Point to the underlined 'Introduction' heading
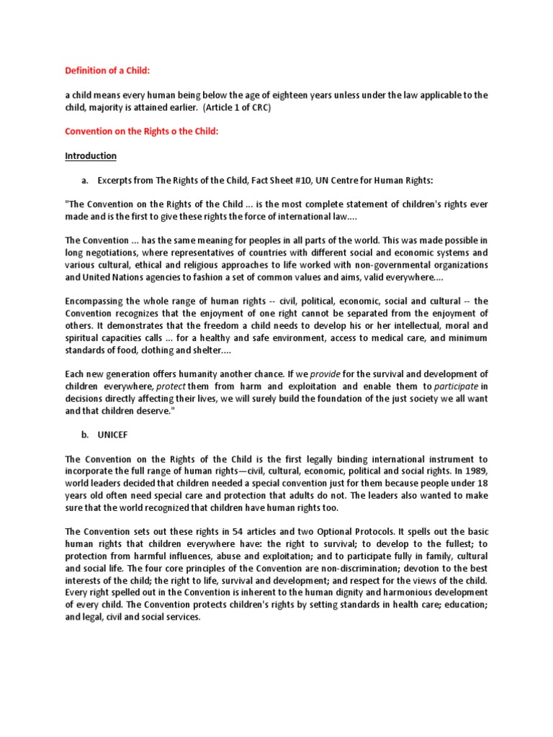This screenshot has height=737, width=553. click(91, 156)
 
